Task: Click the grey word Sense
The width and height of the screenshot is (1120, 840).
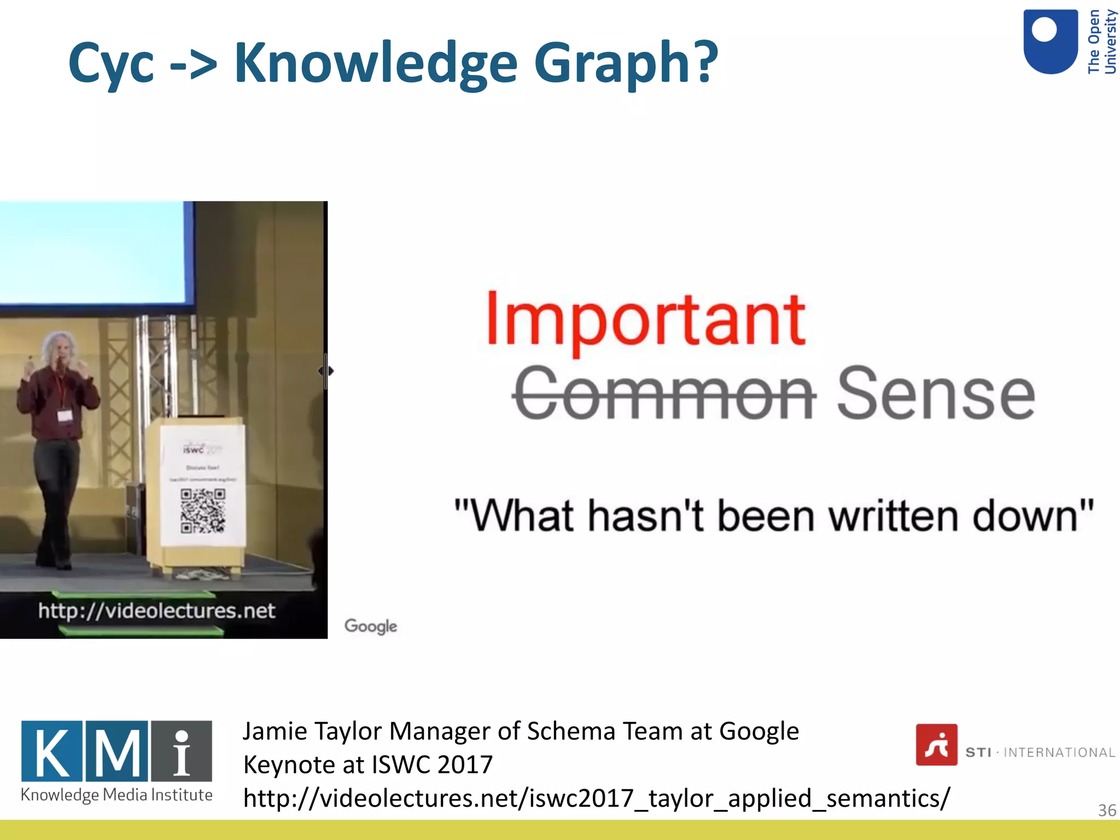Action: coord(936,394)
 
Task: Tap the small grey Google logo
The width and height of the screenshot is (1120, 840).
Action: coord(371,626)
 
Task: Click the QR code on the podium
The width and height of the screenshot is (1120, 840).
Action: coord(203,511)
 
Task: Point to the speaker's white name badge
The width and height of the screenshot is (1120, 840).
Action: coord(65,416)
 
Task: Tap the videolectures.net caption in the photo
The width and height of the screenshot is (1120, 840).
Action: coord(156,611)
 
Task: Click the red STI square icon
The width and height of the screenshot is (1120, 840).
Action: coord(936,745)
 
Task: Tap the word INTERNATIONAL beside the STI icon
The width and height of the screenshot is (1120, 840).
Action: coord(1059,753)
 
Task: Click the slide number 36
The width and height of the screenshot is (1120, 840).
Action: coord(1107,810)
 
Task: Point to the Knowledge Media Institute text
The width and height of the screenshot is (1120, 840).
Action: coord(116,795)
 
